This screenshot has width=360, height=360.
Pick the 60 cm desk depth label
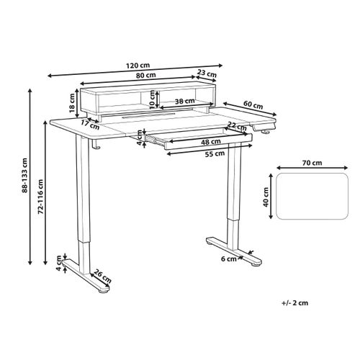251,105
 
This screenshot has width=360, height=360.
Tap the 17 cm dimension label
89,125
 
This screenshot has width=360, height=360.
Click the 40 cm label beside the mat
266,196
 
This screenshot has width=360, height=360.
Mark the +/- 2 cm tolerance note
294,304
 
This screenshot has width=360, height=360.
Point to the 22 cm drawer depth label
233,127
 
